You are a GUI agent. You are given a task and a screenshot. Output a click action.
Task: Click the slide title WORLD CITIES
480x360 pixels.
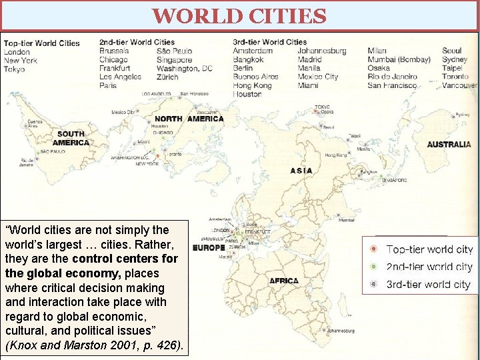[x=239, y=15]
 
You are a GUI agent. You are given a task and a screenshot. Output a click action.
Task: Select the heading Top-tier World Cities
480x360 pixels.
[x=41, y=43]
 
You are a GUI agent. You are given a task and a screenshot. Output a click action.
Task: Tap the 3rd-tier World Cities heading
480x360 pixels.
[x=270, y=42]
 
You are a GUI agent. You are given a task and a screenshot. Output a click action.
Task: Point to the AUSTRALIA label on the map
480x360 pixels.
[x=449, y=144]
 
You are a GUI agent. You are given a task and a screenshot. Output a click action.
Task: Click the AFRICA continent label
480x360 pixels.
[x=284, y=281]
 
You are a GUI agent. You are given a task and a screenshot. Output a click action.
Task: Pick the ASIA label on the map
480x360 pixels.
[x=301, y=171]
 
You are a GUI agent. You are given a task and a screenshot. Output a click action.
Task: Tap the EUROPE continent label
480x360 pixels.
[x=209, y=248]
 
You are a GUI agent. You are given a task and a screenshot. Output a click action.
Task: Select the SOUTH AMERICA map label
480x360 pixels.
[x=71, y=138]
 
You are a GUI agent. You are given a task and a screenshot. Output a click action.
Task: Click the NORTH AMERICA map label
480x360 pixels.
[x=189, y=119]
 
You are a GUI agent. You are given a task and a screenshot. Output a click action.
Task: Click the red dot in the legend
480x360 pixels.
[x=374, y=249]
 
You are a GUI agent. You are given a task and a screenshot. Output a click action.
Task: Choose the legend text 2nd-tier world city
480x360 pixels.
[x=429, y=267]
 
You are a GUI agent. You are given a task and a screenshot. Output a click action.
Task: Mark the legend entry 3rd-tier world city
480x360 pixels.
[x=428, y=285]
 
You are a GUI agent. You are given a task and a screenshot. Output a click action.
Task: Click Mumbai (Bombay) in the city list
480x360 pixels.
[x=399, y=59]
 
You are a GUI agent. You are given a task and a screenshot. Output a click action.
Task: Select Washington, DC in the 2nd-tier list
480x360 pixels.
[x=185, y=68]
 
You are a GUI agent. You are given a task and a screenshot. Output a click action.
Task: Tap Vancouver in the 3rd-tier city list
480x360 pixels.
[x=459, y=85]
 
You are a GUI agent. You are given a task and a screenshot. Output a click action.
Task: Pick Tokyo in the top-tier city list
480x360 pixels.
[x=14, y=69]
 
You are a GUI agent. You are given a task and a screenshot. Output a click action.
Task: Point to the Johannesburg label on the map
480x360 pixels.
[x=341, y=330]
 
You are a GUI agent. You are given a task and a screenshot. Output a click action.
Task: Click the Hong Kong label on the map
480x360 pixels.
[x=336, y=155]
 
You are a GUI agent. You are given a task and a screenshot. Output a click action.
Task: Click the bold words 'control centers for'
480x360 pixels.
[x=125, y=258]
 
